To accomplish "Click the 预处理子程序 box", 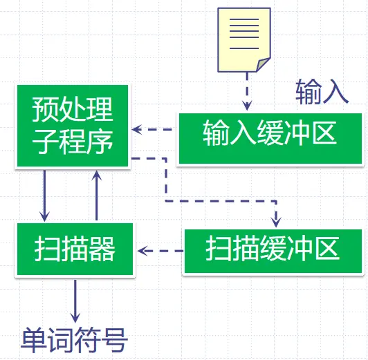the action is pos(73,126).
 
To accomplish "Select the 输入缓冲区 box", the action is pos(270,138).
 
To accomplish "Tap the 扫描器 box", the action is pos(75,249).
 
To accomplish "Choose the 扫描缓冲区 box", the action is pos(273,251).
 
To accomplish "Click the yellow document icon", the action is pos(244,40).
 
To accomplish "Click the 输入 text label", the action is pos(322,92).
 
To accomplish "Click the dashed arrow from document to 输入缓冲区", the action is pos(247,91).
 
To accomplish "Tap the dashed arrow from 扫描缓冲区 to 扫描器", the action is pos(160,251).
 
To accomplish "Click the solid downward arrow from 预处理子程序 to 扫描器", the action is pos(44,196).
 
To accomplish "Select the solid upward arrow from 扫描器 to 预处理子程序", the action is pos(96,196).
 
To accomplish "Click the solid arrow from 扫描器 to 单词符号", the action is pos(75,301).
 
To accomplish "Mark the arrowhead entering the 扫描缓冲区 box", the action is pos(276,222).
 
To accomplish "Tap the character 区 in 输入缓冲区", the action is pos(325,133).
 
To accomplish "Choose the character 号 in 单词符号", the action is pos(115,340).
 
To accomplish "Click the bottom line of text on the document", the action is pos(244,48).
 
